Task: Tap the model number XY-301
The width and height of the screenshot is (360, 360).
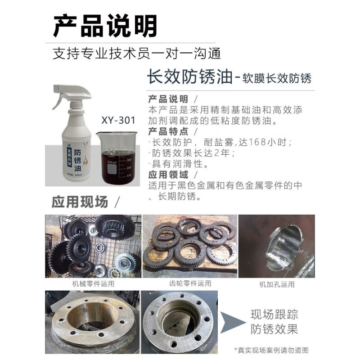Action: pos(118,121)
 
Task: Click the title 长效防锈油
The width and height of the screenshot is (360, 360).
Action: pos(189,77)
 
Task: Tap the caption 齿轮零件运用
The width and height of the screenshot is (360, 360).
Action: pos(190,283)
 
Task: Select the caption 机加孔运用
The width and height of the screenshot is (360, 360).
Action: pos(277,284)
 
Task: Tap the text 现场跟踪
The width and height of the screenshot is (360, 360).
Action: pos(274,314)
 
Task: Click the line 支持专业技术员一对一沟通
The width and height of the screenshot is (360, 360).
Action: pos(137,54)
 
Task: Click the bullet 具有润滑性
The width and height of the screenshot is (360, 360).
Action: pos(178,164)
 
